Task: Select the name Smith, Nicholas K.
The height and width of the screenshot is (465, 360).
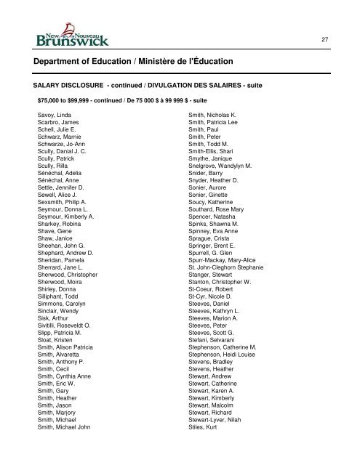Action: point(217,116)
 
